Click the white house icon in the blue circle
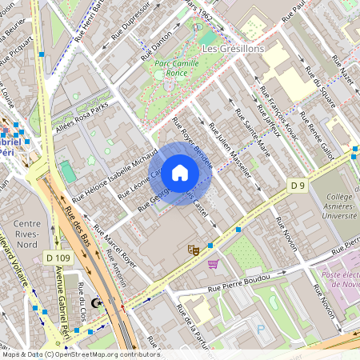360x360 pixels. pyautogui.click(x=180, y=173)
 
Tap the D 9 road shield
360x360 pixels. pyautogui.click(x=298, y=186)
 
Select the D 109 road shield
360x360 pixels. pyautogui.click(x=58, y=258)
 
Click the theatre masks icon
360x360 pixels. pyautogui.click(x=193, y=250)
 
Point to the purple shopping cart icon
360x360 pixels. pyautogui.click(x=213, y=263)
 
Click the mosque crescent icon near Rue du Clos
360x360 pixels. pyautogui.click(x=98, y=302)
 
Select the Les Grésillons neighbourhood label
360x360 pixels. pyautogui.click(x=233, y=49)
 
